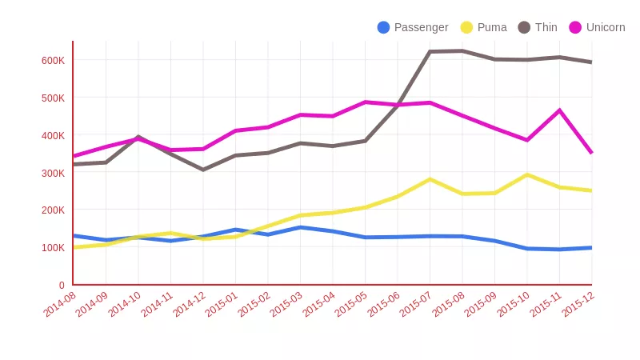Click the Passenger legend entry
click(x=413, y=27)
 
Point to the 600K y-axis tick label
click(x=53, y=60)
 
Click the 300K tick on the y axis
click(x=53, y=173)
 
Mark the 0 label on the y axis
click(x=61, y=285)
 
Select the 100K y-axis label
click(x=53, y=247)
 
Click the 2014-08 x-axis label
click(x=59, y=305)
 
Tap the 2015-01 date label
click(x=222, y=305)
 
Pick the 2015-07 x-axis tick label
click(x=416, y=305)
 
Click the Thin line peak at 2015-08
click(x=462, y=51)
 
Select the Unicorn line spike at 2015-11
click(x=559, y=110)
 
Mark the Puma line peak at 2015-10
click(x=527, y=174)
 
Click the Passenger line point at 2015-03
click(x=300, y=227)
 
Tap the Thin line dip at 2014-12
click(x=203, y=170)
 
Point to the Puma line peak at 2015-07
click(x=430, y=179)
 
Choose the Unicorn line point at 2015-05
click(x=365, y=102)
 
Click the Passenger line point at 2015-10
click(x=527, y=249)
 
